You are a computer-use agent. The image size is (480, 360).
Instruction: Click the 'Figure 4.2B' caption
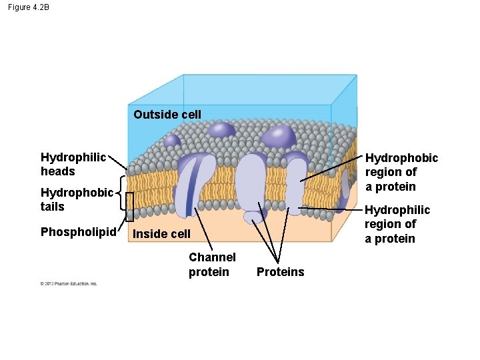coord(29,7)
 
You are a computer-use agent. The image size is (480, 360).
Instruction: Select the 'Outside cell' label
coord(167,114)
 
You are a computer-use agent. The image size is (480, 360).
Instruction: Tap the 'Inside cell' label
coord(161,234)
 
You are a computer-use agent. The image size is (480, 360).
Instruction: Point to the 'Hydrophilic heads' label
coord(73,164)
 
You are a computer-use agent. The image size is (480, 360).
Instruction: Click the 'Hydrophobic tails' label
coord(77,199)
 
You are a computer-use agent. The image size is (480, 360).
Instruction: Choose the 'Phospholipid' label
coord(79,232)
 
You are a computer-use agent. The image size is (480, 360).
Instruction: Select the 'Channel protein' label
coord(212,264)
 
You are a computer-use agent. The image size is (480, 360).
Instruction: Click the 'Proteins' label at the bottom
coord(280,272)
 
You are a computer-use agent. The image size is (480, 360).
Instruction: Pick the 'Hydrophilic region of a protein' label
coord(397,224)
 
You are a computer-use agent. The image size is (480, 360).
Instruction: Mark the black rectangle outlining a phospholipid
coord(130,207)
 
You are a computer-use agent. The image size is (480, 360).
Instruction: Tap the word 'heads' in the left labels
coord(58,171)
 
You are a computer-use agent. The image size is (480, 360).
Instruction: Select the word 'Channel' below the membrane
coord(212,257)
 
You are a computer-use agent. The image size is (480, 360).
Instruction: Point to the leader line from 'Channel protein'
coord(204,230)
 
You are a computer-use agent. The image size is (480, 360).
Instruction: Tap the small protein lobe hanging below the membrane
coord(253,217)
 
